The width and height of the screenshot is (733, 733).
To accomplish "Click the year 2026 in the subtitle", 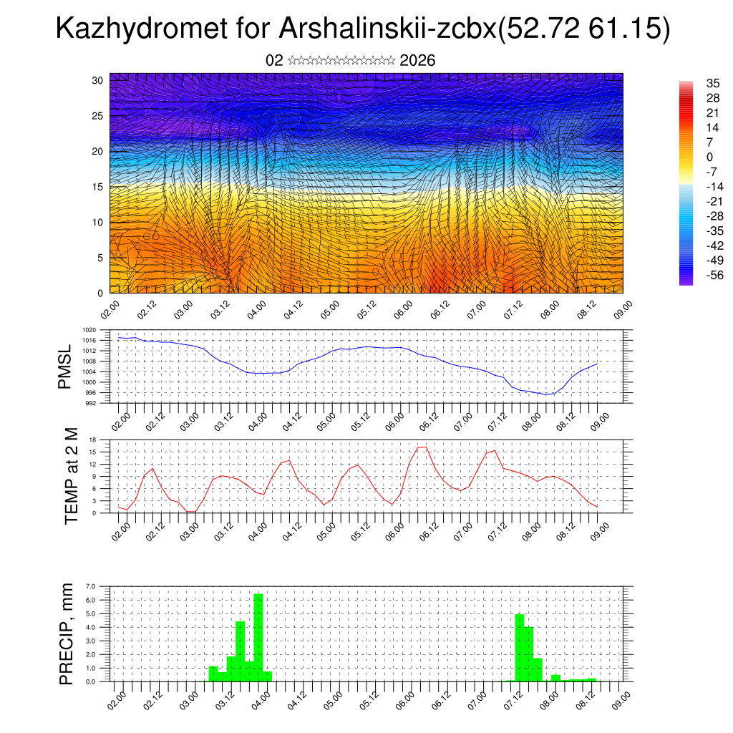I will [418, 61].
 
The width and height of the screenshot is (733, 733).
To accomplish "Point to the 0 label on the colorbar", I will [710, 157].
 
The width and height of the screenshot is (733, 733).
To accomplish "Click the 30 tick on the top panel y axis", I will [97, 80].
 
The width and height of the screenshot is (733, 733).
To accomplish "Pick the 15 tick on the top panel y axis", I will [97, 187].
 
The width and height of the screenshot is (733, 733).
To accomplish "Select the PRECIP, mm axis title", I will [66, 634].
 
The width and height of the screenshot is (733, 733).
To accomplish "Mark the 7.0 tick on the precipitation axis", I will [90, 587].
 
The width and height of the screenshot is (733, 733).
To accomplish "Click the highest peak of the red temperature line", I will [422, 447].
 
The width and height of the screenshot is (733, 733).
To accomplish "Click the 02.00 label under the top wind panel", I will [110, 309].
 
